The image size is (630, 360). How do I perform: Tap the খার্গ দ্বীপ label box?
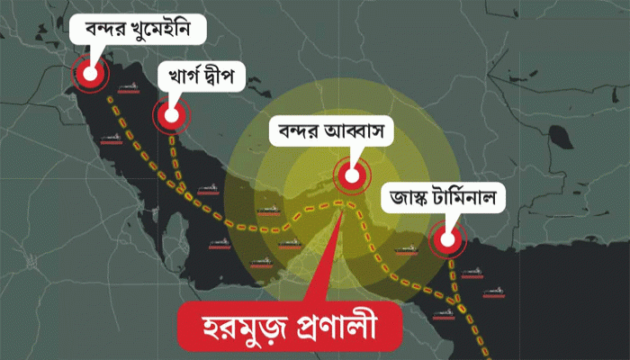(201, 77)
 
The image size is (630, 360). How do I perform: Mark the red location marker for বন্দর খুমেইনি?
(88, 75)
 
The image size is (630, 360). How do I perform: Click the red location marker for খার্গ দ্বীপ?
(168, 114)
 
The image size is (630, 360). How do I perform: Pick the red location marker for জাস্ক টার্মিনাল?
(445, 239)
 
